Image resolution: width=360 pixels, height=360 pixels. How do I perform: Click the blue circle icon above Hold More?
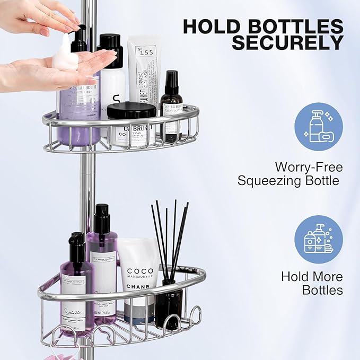(318, 239)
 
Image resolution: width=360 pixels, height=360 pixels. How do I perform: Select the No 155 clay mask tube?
(143, 69)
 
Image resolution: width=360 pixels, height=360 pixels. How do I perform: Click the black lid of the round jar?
(131, 110)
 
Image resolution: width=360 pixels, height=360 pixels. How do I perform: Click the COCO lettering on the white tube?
(140, 271)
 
